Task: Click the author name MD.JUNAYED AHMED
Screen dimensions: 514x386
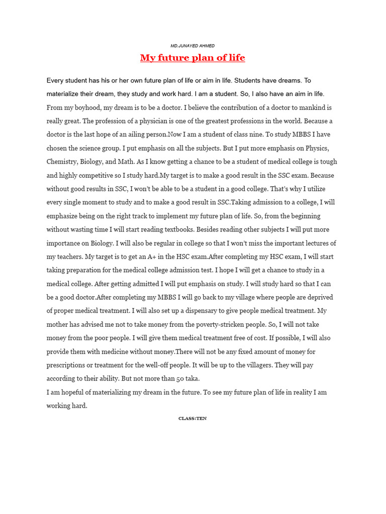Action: click(192, 46)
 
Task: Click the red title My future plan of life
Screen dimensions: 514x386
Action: click(192, 58)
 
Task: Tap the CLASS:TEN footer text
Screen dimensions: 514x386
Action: click(192, 419)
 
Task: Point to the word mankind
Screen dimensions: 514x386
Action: click(304, 107)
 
